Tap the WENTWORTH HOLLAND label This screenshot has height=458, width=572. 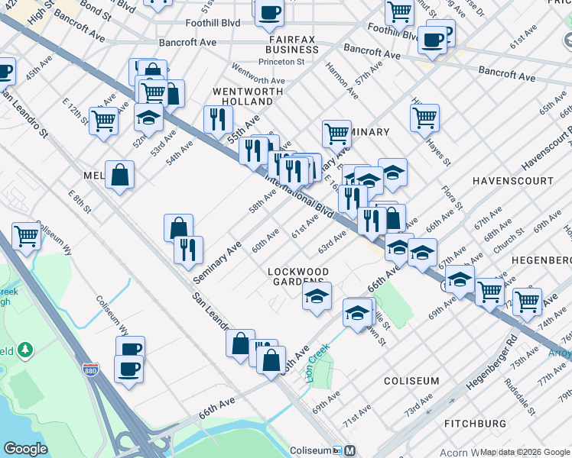tap(242, 96)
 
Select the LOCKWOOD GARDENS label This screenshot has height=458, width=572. tap(298, 277)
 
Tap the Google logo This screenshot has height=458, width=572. tap(26, 449)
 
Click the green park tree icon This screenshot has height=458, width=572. tap(27, 350)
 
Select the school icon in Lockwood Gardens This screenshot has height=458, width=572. tap(317, 295)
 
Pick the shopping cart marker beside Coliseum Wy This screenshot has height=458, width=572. tap(26, 235)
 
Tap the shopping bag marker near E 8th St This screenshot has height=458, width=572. tap(120, 174)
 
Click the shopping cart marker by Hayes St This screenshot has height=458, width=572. tap(424, 118)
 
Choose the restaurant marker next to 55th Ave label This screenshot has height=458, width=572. tap(218, 119)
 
